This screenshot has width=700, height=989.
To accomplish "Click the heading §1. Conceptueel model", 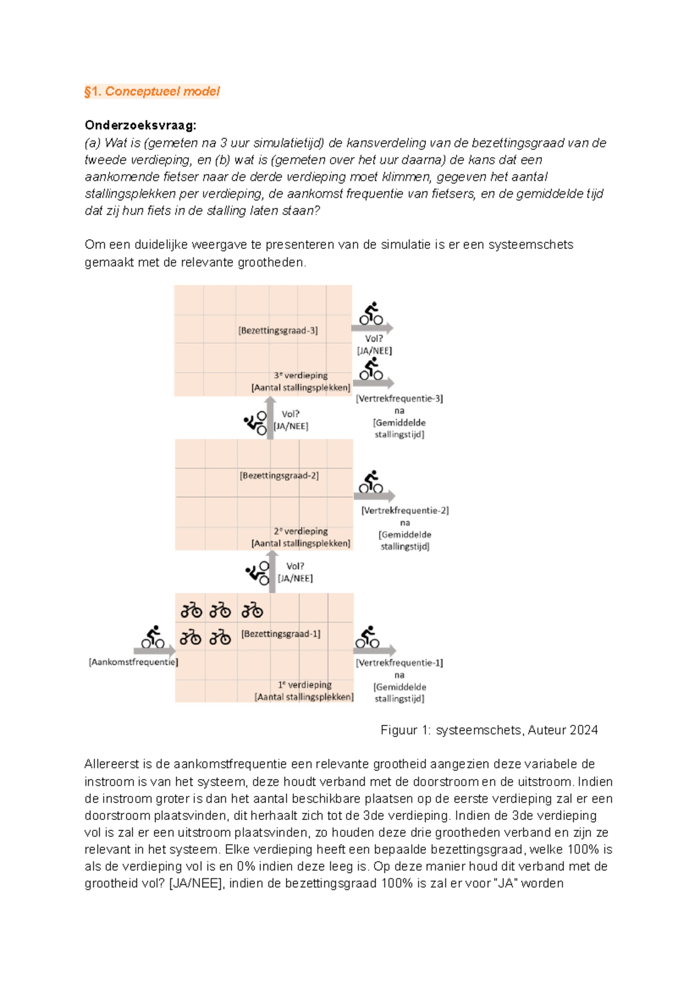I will pos(152,92).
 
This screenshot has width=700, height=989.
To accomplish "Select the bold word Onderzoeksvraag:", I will pos(140,125).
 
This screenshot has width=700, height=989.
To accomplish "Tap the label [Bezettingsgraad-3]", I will pos(278,331).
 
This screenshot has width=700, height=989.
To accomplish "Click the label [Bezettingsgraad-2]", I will pos(279,476).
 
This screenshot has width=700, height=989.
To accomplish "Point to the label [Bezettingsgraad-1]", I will pos(281,634).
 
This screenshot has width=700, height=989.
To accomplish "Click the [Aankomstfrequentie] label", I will pos(133,662).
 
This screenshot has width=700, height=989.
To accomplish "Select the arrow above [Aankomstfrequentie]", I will pos(154,650).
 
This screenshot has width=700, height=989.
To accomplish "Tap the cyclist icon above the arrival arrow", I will pos(153,637).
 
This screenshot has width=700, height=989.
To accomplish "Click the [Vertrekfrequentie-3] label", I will pos(399,399).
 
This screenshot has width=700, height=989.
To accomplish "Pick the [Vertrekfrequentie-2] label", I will pos(405,510).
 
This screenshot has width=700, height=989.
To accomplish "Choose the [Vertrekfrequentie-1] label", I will pos(399,663).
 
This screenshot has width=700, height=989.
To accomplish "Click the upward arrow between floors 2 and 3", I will pos(270,418).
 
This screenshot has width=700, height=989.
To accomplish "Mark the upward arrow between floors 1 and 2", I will pos(272,571).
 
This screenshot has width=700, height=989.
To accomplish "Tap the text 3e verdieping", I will pos(300,376).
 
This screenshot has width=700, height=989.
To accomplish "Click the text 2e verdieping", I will pos(300,531).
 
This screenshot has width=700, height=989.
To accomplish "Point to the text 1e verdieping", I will pos(304,685).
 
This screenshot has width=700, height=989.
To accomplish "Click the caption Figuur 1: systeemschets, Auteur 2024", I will pos(489,730).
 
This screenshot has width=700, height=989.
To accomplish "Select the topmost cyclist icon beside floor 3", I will pos(371,313).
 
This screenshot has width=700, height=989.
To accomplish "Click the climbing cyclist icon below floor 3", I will pos(256,423).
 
